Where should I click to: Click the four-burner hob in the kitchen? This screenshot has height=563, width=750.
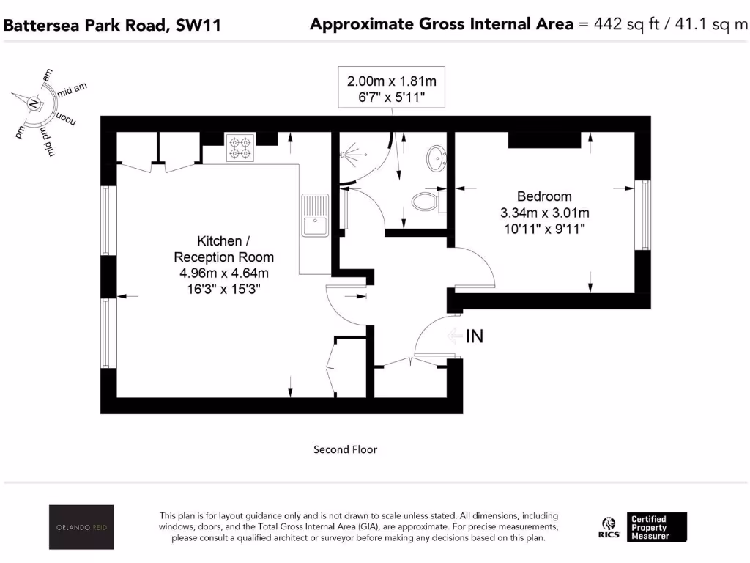point(240,147)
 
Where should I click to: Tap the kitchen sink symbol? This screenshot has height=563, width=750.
point(315,214)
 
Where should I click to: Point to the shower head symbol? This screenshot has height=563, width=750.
point(351,155)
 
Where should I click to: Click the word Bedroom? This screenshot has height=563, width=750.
point(543,196)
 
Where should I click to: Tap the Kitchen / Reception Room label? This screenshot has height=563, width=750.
point(224,249)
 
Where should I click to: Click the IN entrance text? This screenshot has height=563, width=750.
point(475,336)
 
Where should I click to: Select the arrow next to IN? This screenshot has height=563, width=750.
point(454,336)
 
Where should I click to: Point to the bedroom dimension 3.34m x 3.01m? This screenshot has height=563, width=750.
point(543,213)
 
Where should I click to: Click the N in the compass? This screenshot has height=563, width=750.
point(33,104)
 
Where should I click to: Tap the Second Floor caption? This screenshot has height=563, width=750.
point(345,449)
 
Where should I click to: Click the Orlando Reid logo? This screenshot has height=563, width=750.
point(81,526)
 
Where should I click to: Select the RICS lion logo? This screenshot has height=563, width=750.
point(607,526)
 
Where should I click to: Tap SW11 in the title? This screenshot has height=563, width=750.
point(198,26)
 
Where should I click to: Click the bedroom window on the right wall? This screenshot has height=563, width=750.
point(645,216)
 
